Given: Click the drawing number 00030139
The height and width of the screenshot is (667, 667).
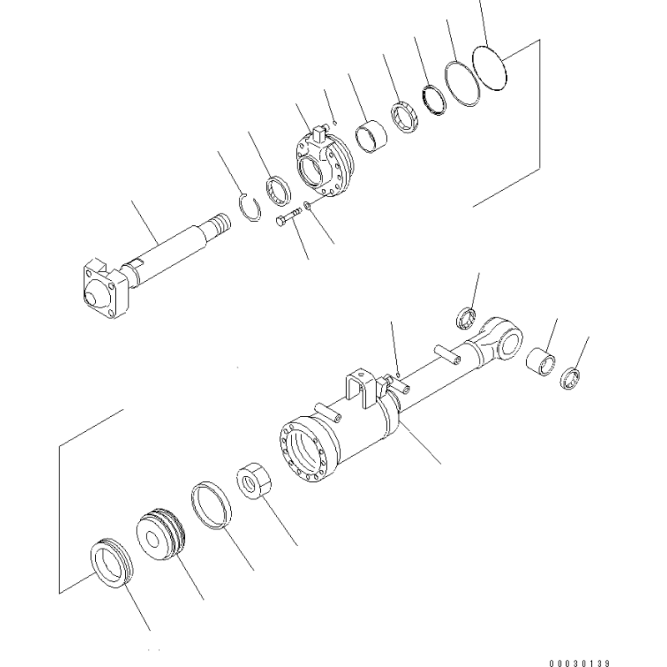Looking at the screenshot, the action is tap(579, 663).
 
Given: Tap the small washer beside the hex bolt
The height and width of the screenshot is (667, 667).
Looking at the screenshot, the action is tap(308, 205).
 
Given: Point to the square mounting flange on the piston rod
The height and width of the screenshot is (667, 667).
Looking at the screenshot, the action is tap(105, 288).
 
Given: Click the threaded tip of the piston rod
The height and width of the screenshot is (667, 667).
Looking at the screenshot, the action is tap(221, 223).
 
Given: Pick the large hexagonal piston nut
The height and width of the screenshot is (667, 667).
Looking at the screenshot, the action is tap(254, 481).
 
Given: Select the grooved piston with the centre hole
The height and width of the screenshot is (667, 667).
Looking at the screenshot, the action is tap(161, 534).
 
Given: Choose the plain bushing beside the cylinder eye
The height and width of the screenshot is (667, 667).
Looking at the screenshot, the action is tap(540, 362).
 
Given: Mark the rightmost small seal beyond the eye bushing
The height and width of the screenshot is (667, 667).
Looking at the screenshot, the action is tap(569, 379).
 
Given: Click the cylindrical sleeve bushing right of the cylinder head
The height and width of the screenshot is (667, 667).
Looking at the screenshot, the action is tap(371, 137).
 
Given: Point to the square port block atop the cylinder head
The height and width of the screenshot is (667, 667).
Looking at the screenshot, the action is tap(318, 134).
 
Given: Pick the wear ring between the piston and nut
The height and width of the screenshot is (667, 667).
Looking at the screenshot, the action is tap(211, 505).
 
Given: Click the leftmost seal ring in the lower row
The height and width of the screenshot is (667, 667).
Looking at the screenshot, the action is tap(112, 564).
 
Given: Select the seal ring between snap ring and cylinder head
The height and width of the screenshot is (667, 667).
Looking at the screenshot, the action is tap(278, 190).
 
